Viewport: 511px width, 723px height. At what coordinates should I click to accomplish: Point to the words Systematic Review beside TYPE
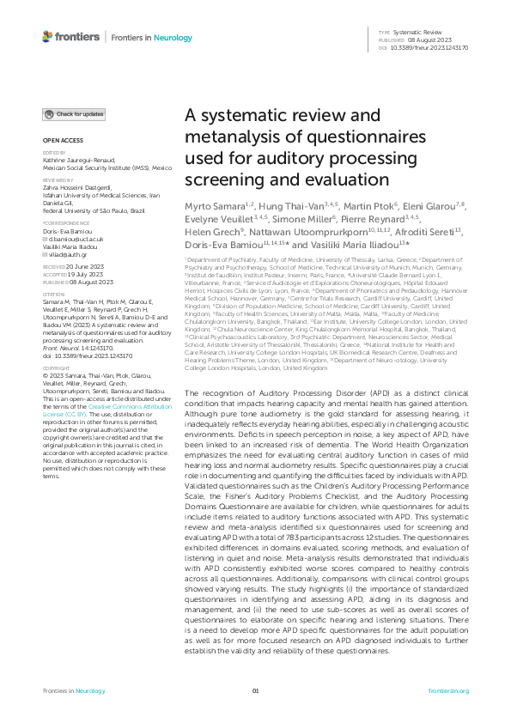tap(418, 33)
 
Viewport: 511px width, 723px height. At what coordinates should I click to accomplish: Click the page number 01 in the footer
tap(255, 690)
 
